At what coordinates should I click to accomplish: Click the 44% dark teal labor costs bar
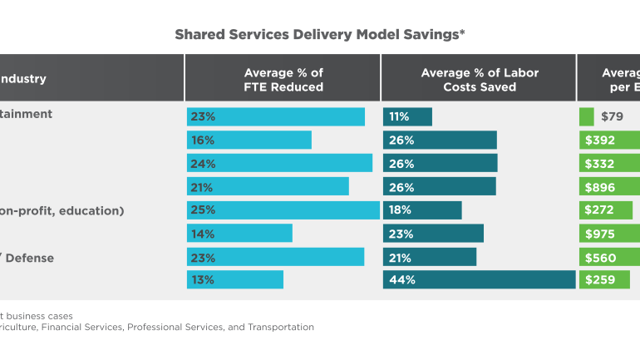[480, 279]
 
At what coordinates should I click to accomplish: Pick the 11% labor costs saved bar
[407, 116]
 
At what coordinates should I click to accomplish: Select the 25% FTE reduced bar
[283, 210]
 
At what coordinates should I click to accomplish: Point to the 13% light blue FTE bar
[235, 279]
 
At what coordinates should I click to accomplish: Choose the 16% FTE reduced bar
[249, 140]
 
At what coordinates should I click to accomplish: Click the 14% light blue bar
[240, 234]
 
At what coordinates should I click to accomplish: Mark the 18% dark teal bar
[422, 210]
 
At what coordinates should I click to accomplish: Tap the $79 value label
[611, 116]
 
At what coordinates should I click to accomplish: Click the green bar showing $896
[609, 186]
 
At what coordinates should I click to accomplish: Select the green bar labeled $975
[609, 234]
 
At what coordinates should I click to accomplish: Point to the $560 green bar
[609, 257]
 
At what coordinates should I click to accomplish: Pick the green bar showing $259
[609, 279]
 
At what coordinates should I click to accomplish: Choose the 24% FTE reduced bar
[280, 163]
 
